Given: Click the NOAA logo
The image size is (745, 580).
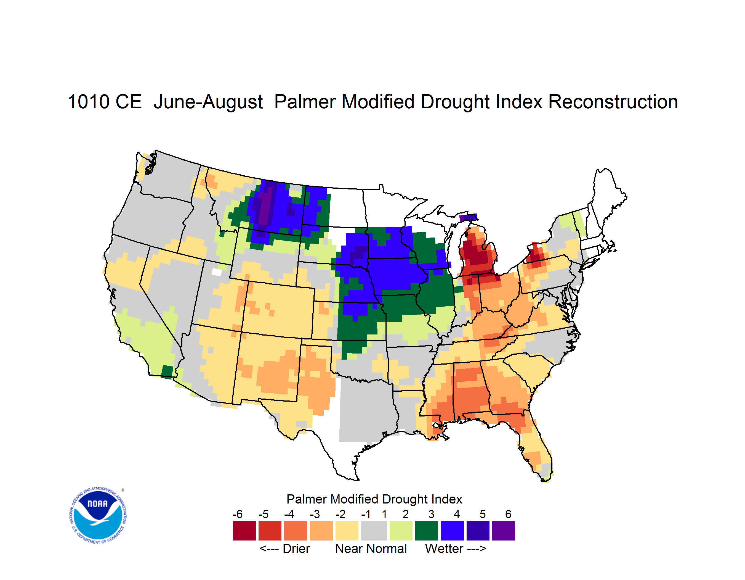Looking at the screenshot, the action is pos(98,515).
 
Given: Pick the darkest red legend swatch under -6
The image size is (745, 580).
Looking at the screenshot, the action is pos(244,531).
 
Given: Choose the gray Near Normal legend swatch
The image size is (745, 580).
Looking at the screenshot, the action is pos(374,531).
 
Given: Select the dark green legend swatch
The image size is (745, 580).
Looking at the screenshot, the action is pos(426,531).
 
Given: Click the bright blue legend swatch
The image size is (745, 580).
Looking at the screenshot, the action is pos(452,531).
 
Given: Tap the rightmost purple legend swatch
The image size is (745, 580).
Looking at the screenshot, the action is pos(504,531).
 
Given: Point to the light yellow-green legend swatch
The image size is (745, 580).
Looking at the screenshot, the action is pos(401,531).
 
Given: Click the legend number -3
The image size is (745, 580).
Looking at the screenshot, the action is pos(315,514).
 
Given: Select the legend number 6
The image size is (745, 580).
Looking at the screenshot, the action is pos(508,514).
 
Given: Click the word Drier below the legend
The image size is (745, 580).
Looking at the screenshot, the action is pos(296,549).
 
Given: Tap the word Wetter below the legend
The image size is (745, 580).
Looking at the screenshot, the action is pos(444,549).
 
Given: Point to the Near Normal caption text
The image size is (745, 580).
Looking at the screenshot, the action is pos(371,549).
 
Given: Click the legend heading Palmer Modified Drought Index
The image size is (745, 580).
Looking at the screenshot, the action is pos(374,499).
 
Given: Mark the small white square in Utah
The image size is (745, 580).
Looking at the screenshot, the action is pos(217,272).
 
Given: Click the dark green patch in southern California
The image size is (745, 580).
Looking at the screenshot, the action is pos(167,372).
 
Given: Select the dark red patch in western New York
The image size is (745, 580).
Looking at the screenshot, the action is pos(534,253).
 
